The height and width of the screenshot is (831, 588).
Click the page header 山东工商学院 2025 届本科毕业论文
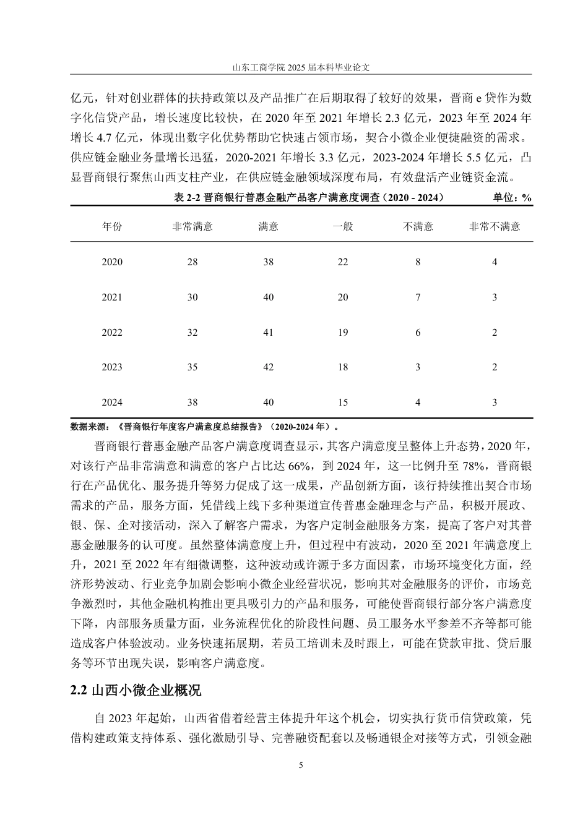301,66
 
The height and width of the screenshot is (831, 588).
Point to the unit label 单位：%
512,198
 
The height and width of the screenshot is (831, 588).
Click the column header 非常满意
192,226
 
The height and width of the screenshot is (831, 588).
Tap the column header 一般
342,226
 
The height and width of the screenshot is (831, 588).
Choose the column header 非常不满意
494,226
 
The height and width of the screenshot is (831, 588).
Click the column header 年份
112,226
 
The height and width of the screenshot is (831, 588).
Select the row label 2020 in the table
112,262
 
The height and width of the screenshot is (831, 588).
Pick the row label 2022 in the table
112,333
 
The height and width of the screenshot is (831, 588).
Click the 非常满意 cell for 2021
192,297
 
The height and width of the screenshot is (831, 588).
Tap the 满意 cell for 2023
268,367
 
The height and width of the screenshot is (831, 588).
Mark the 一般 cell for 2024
342,403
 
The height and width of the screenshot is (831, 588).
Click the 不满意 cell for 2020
418,262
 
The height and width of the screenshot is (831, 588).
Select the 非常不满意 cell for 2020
494,262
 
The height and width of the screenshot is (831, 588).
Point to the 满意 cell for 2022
268,333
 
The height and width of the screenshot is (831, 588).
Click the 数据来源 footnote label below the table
90,426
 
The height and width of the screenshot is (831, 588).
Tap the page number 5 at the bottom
301,765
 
